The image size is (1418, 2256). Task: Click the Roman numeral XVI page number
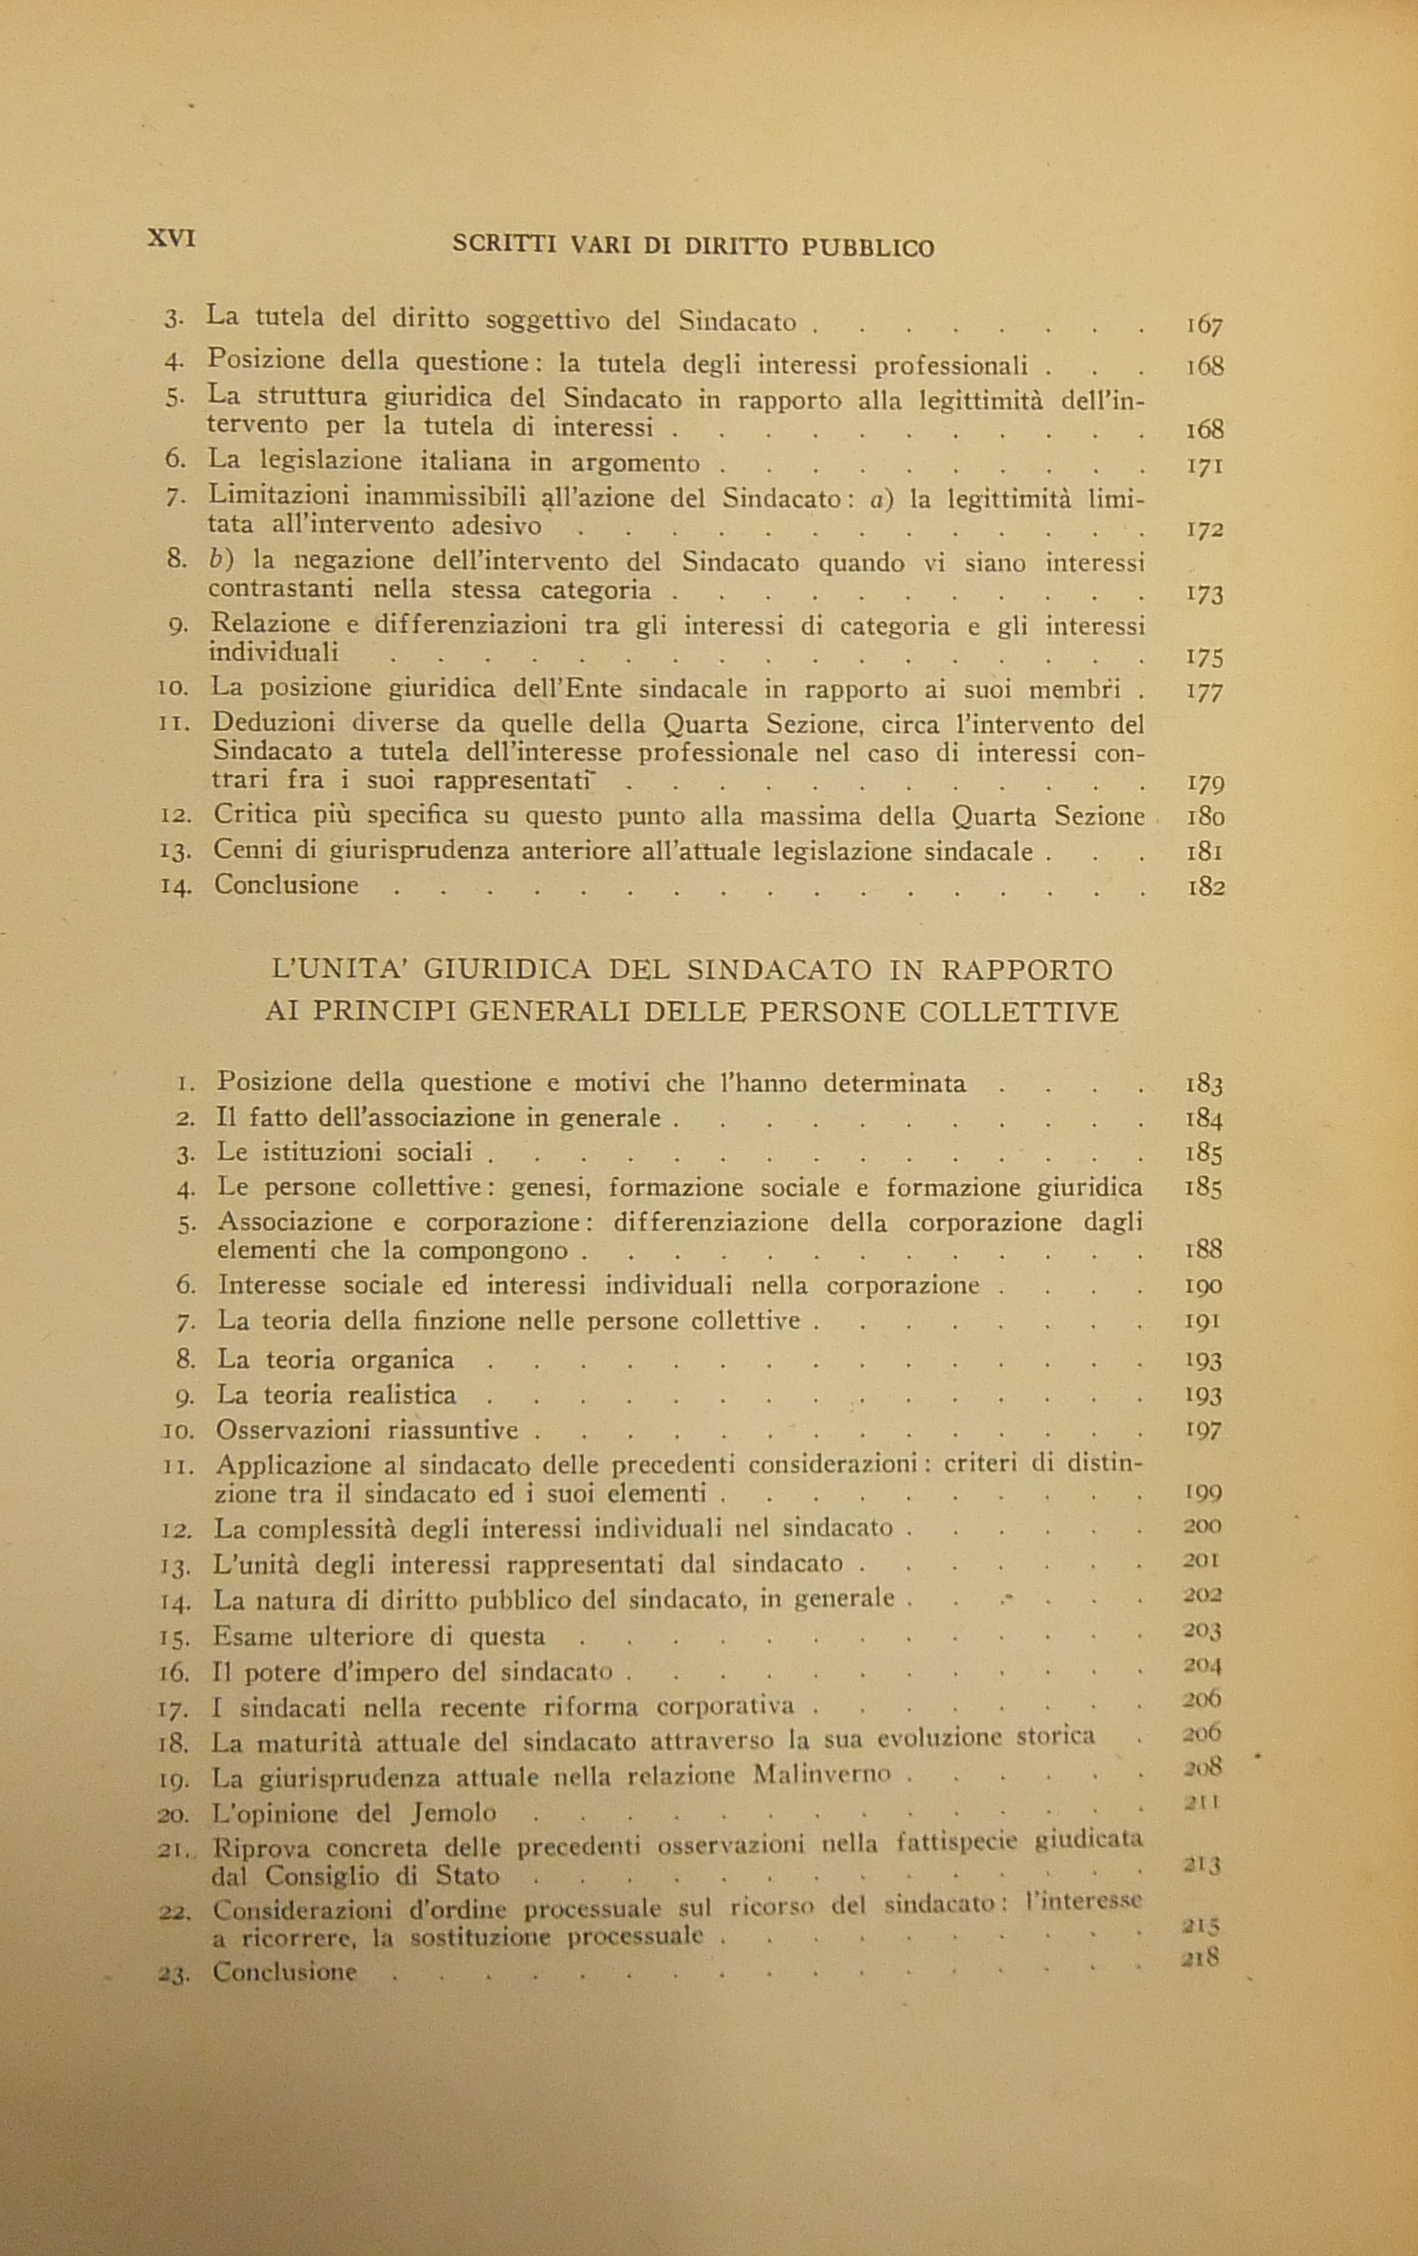171,239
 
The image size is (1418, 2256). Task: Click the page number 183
1202,1085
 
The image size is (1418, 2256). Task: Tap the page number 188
1202,1250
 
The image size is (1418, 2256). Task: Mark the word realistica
401,1395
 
